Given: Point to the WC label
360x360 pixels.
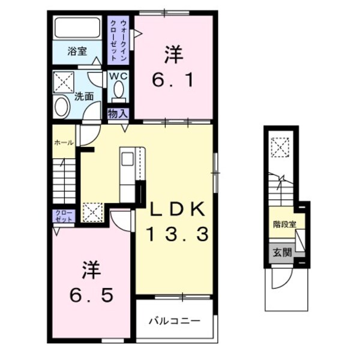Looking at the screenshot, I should tap(118, 77).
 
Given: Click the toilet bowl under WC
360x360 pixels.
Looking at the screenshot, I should tap(118, 91).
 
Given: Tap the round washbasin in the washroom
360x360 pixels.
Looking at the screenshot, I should tap(62, 107).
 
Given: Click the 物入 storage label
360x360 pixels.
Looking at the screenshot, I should tap(118, 113).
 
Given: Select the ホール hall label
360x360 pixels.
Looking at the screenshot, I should tap(64, 143).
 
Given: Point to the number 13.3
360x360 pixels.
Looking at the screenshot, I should tap(178, 233).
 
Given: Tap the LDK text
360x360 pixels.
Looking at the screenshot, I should tap(178, 210).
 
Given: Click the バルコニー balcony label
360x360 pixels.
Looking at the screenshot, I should tap(174, 321).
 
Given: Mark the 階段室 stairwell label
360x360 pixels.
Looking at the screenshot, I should tap(284, 224).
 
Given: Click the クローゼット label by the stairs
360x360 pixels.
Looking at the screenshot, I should tap(63, 216).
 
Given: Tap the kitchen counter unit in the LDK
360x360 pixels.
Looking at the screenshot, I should tap(129, 174).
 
